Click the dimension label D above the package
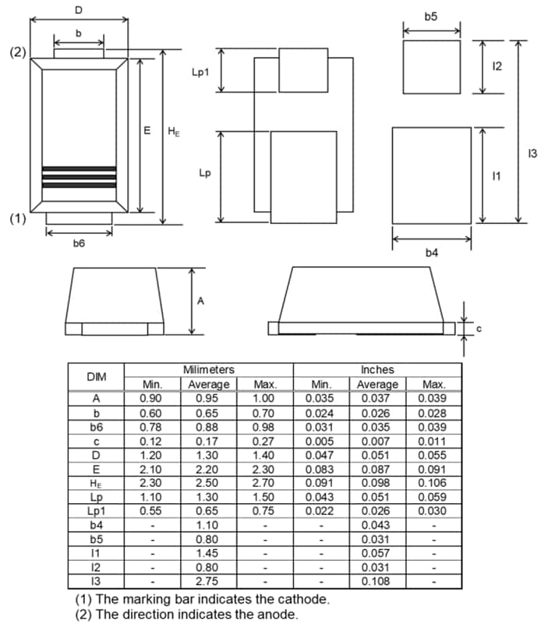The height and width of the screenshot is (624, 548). (x=78, y=9)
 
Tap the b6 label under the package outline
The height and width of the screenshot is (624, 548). (x=79, y=243)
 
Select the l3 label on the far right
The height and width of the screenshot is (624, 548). (x=532, y=153)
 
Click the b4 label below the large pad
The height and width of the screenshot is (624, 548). (x=431, y=252)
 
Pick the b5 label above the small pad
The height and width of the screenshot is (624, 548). (x=431, y=16)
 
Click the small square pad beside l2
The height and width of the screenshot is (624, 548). (x=431, y=67)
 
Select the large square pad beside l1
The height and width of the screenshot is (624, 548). (x=431, y=175)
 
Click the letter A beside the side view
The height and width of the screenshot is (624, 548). (x=200, y=302)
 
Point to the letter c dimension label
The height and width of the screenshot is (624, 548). (x=479, y=328)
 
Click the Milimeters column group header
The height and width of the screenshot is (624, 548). (x=208, y=369)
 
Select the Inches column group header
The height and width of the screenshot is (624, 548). (x=377, y=369)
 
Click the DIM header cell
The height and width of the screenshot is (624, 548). (x=96, y=376)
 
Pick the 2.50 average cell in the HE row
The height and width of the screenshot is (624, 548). (x=209, y=483)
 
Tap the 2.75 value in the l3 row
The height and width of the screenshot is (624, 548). (x=209, y=582)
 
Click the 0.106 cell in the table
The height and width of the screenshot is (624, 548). (x=433, y=483)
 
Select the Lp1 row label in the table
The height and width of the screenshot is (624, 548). (x=96, y=511)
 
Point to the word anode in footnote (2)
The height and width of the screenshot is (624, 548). (x=277, y=614)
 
